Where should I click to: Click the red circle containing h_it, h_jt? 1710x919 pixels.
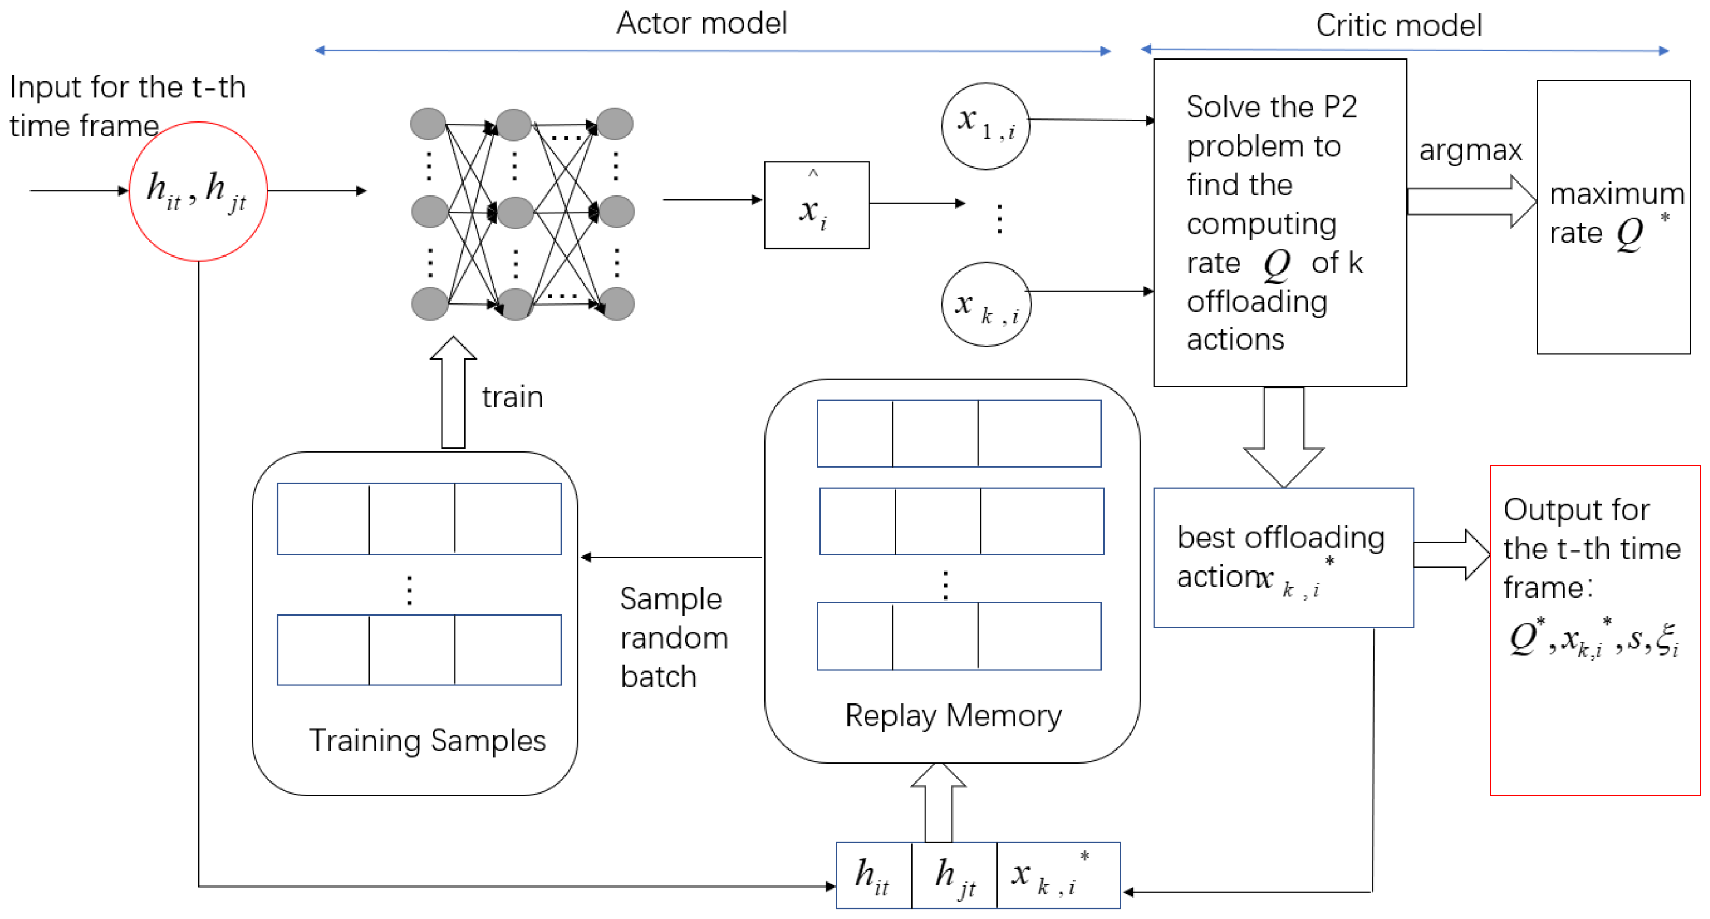(198, 191)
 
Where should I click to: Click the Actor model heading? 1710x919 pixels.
(701, 23)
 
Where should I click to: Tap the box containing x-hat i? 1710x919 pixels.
(816, 205)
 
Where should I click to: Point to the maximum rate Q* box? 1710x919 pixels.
(1612, 216)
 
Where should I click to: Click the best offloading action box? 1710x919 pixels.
(1283, 557)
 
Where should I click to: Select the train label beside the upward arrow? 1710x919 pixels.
(512, 397)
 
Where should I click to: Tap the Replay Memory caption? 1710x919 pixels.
(952, 716)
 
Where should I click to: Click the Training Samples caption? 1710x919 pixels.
(427, 740)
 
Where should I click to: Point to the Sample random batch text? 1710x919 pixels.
(673, 637)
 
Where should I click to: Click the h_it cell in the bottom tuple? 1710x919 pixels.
(872, 875)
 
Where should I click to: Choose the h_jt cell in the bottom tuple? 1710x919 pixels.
(954, 875)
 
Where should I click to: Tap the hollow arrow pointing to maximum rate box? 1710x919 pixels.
(1471, 202)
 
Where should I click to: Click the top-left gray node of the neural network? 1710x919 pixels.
(428, 124)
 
